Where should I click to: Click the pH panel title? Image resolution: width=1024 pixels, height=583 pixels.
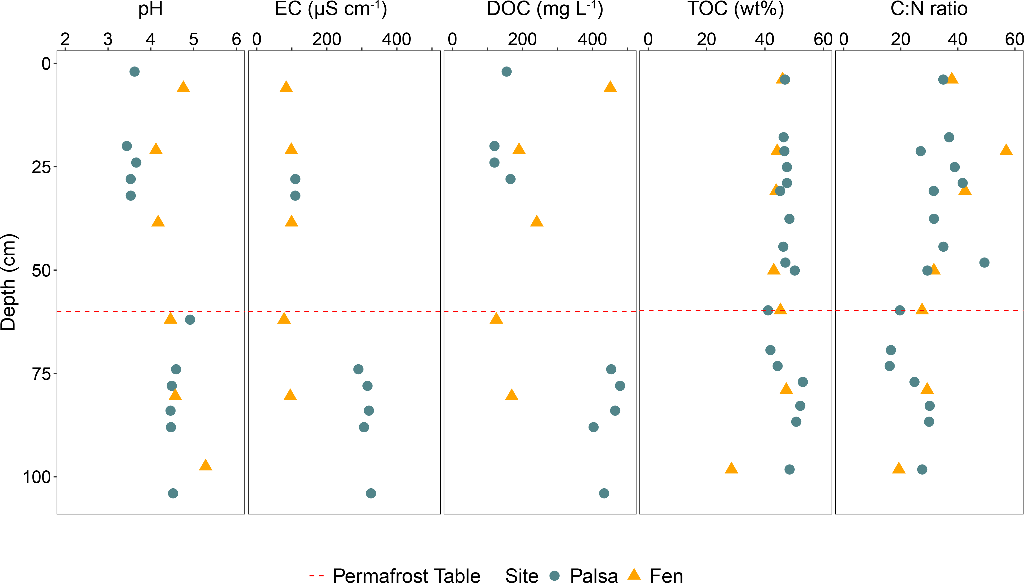click(151, 9)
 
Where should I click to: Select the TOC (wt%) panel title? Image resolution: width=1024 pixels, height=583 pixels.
click(736, 9)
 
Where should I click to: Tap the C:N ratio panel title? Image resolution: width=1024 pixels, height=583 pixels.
click(929, 9)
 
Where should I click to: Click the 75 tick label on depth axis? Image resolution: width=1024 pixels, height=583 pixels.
click(42, 374)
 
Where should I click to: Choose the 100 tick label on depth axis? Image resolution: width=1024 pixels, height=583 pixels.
click(37, 477)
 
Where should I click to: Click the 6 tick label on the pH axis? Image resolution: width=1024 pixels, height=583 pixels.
click(236, 39)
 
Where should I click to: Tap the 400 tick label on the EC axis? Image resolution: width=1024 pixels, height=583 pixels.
click(396, 39)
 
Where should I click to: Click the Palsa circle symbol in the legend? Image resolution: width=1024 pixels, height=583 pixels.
click(554, 575)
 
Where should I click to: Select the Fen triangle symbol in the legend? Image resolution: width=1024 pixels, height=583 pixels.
click(634, 575)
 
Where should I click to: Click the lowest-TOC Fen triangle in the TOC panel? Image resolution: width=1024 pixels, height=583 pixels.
click(731, 468)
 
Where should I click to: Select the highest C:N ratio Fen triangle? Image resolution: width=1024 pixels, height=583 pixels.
click(1006, 150)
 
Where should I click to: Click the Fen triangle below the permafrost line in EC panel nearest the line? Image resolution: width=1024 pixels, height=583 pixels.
click(284, 319)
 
